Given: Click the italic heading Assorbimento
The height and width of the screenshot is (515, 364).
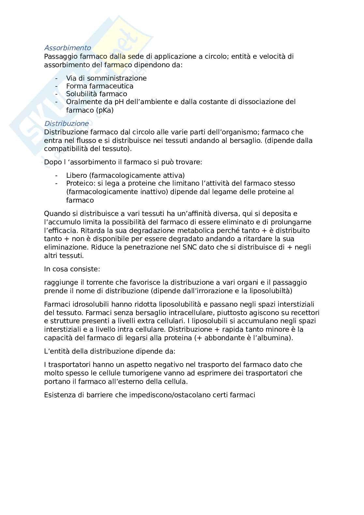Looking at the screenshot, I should click(68, 48).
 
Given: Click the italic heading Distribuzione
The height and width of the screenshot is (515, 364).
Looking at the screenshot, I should click(66, 124).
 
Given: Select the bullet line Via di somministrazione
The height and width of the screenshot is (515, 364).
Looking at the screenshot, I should click(106, 78).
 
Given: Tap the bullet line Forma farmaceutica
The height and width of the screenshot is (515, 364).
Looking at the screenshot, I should click(100, 86).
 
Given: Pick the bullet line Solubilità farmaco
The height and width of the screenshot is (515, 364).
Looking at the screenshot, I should click(97, 94).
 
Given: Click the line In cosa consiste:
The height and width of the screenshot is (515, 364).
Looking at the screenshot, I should click(72, 269).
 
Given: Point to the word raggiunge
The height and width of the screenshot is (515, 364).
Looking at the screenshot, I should click(61, 282).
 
